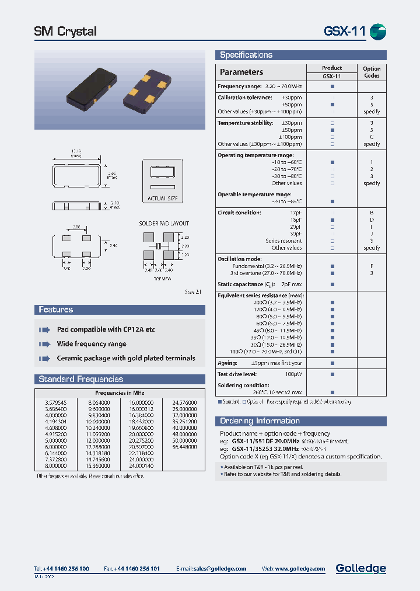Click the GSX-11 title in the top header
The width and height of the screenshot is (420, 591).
(344, 31)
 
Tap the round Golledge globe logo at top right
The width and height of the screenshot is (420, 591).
(378, 32)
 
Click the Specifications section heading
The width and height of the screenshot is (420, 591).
(246, 55)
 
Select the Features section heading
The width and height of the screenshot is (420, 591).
(56, 310)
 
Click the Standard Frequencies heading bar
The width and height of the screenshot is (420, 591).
(80, 379)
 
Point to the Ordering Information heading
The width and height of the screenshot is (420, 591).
(260, 420)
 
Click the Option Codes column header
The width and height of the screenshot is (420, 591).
(372, 72)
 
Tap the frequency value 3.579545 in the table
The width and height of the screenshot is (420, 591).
(55, 403)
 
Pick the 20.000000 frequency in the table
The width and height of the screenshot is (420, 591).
(142, 435)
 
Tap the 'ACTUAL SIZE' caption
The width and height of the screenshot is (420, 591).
(162, 199)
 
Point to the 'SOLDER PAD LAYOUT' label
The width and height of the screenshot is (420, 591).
(164, 224)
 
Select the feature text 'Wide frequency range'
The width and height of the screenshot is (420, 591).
(92, 344)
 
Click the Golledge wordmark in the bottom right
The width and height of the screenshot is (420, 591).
(360, 568)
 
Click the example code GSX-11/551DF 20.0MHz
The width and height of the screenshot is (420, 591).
(266, 441)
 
